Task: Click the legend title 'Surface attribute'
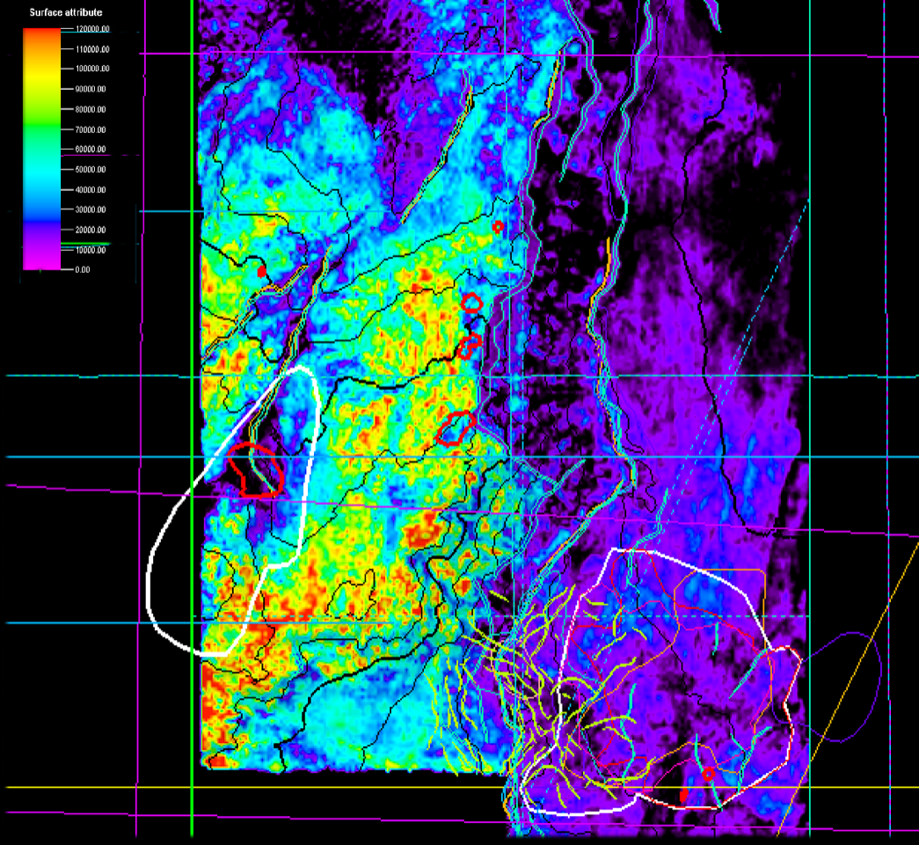click(x=66, y=13)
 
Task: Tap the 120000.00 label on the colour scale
click(x=88, y=29)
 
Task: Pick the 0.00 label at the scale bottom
click(x=80, y=270)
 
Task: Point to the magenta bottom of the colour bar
click(x=41, y=262)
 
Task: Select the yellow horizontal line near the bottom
click(x=264, y=787)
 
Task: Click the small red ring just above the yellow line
click(x=708, y=775)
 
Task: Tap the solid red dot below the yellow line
click(x=683, y=796)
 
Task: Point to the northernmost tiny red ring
click(x=497, y=226)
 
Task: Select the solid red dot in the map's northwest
click(x=261, y=272)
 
